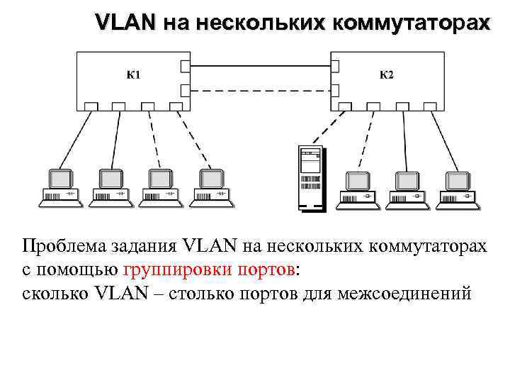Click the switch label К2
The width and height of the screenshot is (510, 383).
(x=386, y=74)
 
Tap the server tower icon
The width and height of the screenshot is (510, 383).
(x=310, y=179)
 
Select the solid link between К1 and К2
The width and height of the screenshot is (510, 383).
(x=260, y=67)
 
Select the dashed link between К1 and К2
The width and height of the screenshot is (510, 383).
(x=260, y=90)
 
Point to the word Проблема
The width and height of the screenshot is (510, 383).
(x=64, y=246)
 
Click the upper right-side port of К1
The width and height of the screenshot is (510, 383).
(x=185, y=67)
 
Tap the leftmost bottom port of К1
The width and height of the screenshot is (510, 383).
(x=91, y=106)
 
